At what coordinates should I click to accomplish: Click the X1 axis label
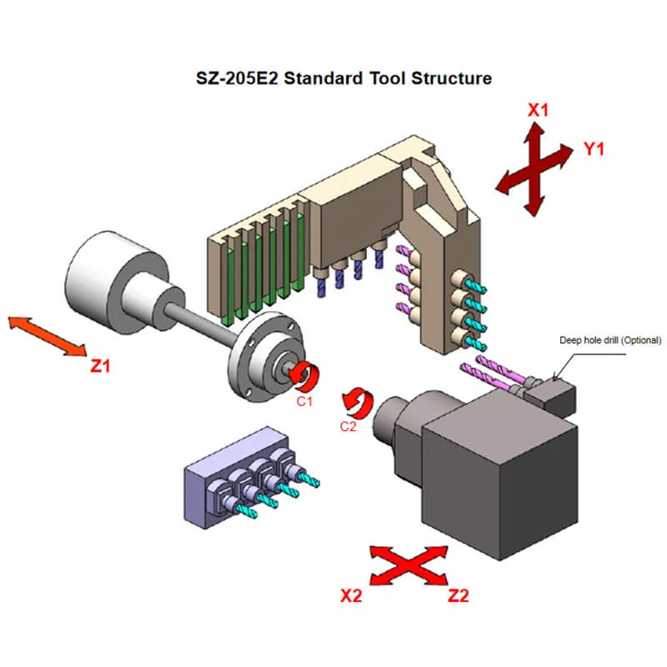tap(539, 109)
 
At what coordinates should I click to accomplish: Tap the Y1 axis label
tap(594, 149)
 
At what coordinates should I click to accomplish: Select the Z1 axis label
tap(100, 364)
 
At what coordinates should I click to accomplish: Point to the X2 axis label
tap(351, 595)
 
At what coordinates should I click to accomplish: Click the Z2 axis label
tap(459, 595)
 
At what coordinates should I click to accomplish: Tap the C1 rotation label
tap(304, 401)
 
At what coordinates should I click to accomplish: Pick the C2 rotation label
tap(349, 427)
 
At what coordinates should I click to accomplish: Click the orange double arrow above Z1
tap(47, 336)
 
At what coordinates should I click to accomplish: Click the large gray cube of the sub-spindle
tap(500, 484)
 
